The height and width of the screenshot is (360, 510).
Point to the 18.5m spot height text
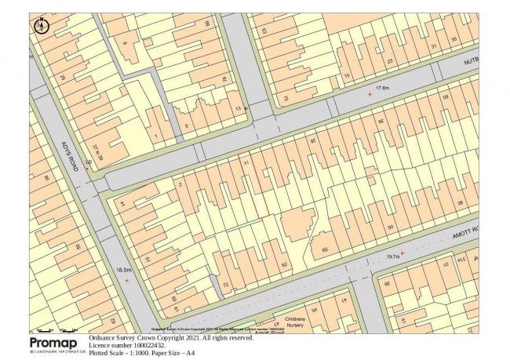(123, 270)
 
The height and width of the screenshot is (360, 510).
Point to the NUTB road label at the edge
(469, 59)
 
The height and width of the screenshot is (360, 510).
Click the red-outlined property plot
(253, 185)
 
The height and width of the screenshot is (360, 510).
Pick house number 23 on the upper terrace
(388, 61)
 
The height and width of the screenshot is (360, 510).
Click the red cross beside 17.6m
(370, 95)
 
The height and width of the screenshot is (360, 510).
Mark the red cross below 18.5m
(126, 279)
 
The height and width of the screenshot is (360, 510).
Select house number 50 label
(390, 227)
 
